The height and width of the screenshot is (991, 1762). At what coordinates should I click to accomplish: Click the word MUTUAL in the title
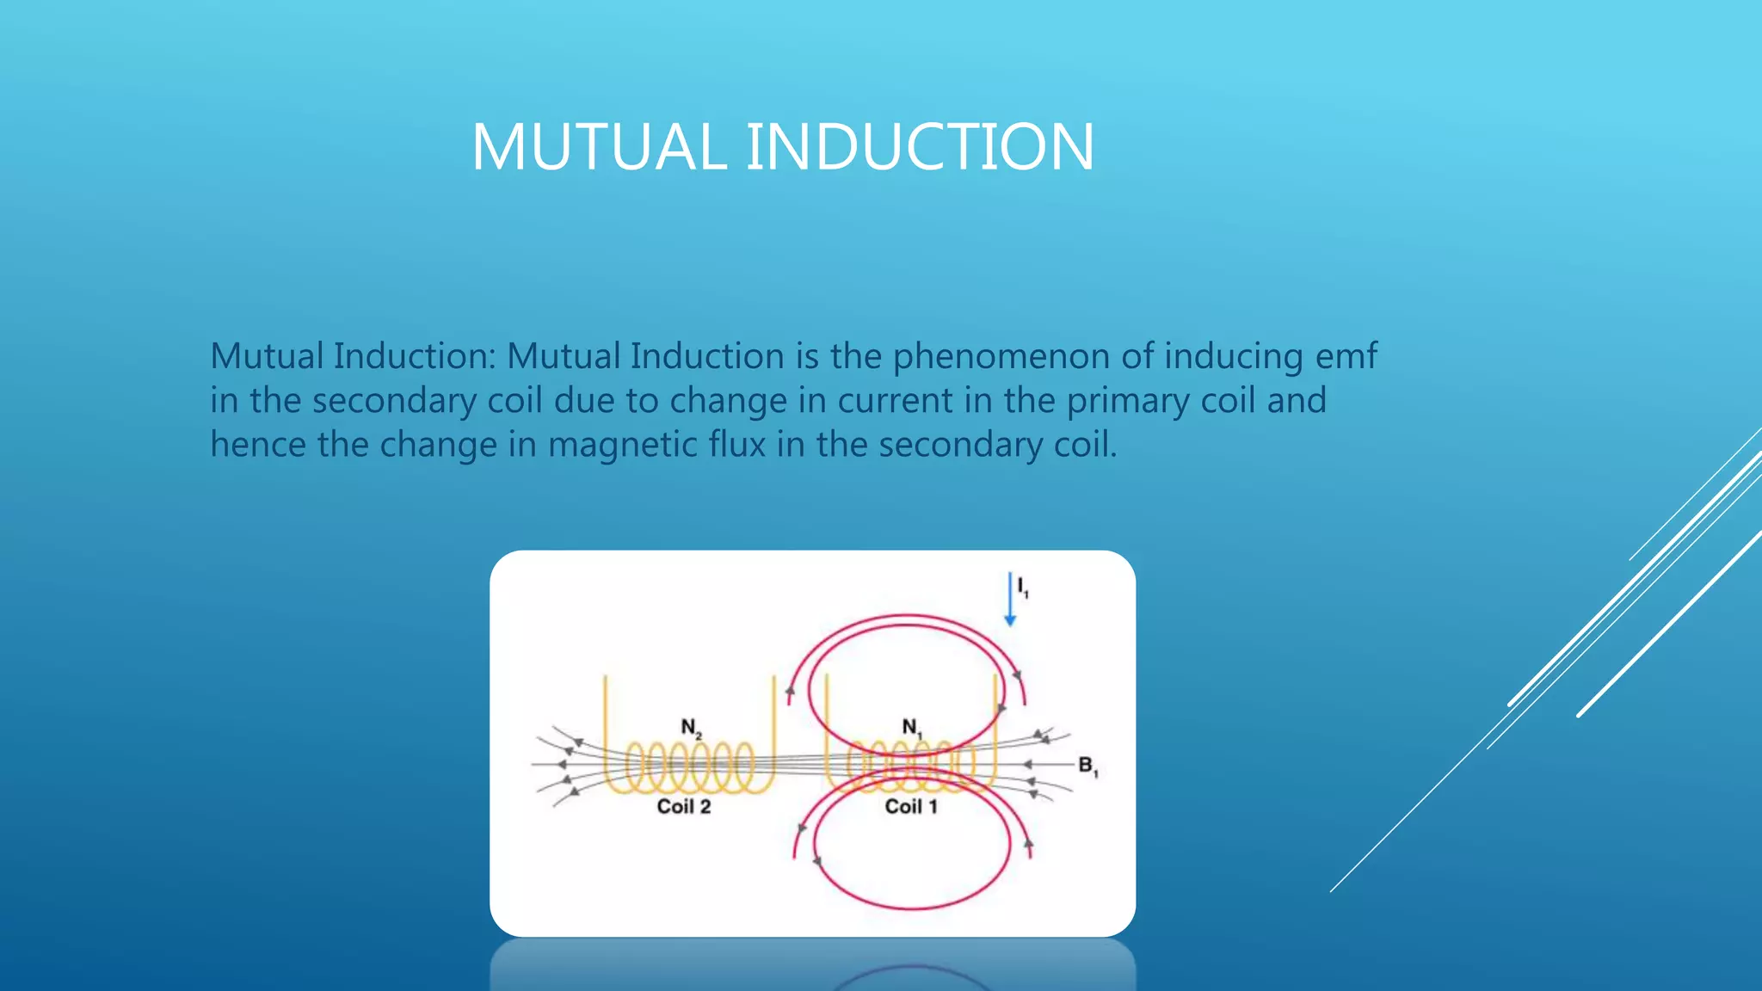[x=599, y=147]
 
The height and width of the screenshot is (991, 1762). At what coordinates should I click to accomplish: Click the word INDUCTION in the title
[x=919, y=147]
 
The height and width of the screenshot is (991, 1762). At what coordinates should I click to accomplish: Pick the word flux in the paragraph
[x=736, y=445]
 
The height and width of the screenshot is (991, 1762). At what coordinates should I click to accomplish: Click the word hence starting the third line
[x=257, y=445]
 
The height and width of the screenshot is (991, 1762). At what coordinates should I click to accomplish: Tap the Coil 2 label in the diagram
[x=684, y=807]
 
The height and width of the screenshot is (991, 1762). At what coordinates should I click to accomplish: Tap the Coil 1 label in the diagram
[x=910, y=807]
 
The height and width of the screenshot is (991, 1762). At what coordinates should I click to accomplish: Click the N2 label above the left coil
[x=691, y=728]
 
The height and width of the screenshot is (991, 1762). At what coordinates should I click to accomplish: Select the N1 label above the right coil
[x=911, y=728]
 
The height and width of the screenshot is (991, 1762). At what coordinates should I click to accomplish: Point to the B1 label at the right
[x=1087, y=766]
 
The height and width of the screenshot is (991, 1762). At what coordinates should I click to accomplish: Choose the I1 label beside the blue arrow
[x=1023, y=587]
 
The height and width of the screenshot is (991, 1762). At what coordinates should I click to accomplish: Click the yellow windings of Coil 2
[x=688, y=767]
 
